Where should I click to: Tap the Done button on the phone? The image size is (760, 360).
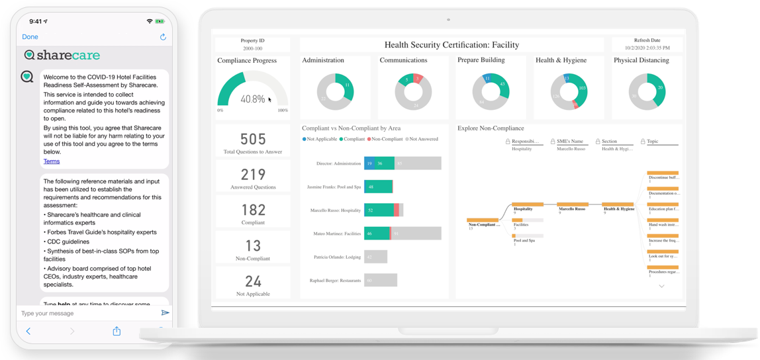click(x=30, y=37)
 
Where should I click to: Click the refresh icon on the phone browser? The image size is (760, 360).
click(x=163, y=37)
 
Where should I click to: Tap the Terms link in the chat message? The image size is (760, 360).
click(x=52, y=161)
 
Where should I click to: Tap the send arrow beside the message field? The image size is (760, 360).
click(x=165, y=313)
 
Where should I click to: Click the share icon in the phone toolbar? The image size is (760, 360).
click(x=117, y=331)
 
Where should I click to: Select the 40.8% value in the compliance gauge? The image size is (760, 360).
click(x=252, y=99)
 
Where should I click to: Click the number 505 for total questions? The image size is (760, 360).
click(x=253, y=140)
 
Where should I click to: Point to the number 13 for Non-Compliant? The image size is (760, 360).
click(x=253, y=246)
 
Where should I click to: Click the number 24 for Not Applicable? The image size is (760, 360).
click(x=253, y=282)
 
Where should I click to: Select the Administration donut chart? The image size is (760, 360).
click(x=335, y=91)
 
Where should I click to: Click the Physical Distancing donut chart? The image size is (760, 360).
click(x=646, y=91)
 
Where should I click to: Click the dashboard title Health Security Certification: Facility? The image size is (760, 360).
click(x=451, y=45)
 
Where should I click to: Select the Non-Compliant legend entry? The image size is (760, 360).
click(x=386, y=139)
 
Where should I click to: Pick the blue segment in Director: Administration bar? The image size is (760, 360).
click(x=369, y=163)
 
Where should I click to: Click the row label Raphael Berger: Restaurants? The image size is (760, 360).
click(x=336, y=281)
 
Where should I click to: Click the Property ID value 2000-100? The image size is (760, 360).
click(x=253, y=48)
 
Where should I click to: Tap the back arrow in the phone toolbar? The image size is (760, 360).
click(x=28, y=331)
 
